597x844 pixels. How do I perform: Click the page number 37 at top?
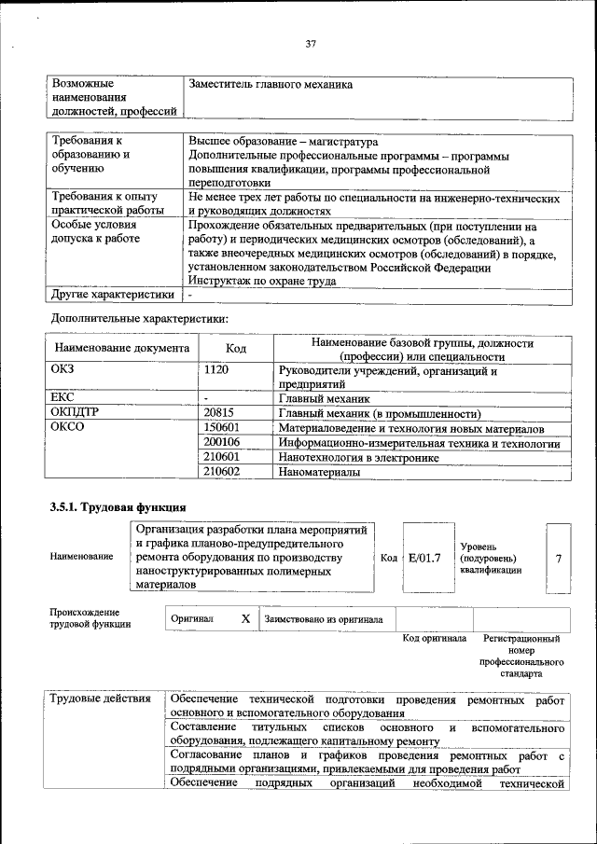[312, 42]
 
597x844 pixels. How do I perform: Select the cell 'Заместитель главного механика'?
[271, 84]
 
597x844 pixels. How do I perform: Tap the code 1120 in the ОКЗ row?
[216, 371]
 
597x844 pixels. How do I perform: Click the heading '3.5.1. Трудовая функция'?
[111, 507]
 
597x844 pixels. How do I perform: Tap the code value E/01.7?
[424, 558]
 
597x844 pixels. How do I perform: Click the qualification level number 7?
[558, 558]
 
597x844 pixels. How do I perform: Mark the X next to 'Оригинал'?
[245, 618]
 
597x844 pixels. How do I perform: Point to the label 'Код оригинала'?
[435, 639]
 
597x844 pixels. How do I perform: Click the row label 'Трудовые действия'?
[97, 700]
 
